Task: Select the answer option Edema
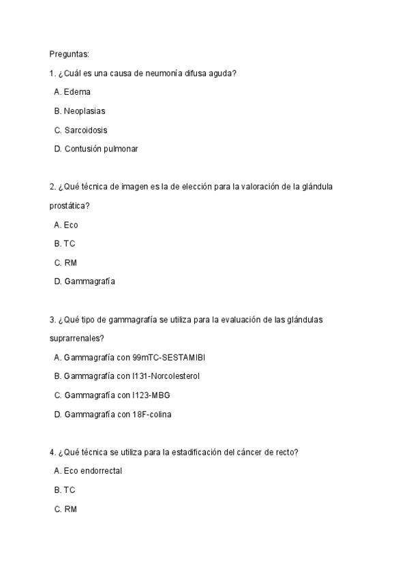[x=76, y=91]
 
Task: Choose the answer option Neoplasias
[x=84, y=110]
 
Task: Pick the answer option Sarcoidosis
[x=85, y=130]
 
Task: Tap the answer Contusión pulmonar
[x=100, y=149]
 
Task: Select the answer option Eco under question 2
[x=70, y=224]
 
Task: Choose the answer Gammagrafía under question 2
[x=89, y=282]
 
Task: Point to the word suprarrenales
[x=77, y=338]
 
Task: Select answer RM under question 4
[x=70, y=508]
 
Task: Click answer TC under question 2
[x=69, y=243]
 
